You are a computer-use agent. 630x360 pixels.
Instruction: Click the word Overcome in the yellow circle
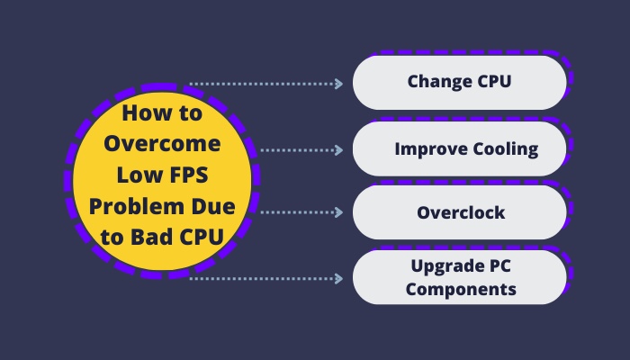pos(162,143)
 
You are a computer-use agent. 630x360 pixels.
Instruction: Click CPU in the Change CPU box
pos(494,81)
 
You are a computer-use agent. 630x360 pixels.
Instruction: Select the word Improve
pos(430,150)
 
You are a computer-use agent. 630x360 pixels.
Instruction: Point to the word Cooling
pos(506,150)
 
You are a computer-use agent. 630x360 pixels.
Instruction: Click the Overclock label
pos(461,212)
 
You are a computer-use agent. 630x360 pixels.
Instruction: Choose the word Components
pos(461,290)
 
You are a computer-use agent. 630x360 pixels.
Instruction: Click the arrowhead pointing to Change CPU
pos(338,84)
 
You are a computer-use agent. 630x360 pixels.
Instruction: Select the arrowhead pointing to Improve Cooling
pos(338,150)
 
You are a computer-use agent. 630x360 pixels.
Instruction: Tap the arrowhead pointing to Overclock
pos(338,212)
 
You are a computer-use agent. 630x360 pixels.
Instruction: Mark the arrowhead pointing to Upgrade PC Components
pos(338,278)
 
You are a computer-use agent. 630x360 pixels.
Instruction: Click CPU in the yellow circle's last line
pos(202,237)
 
